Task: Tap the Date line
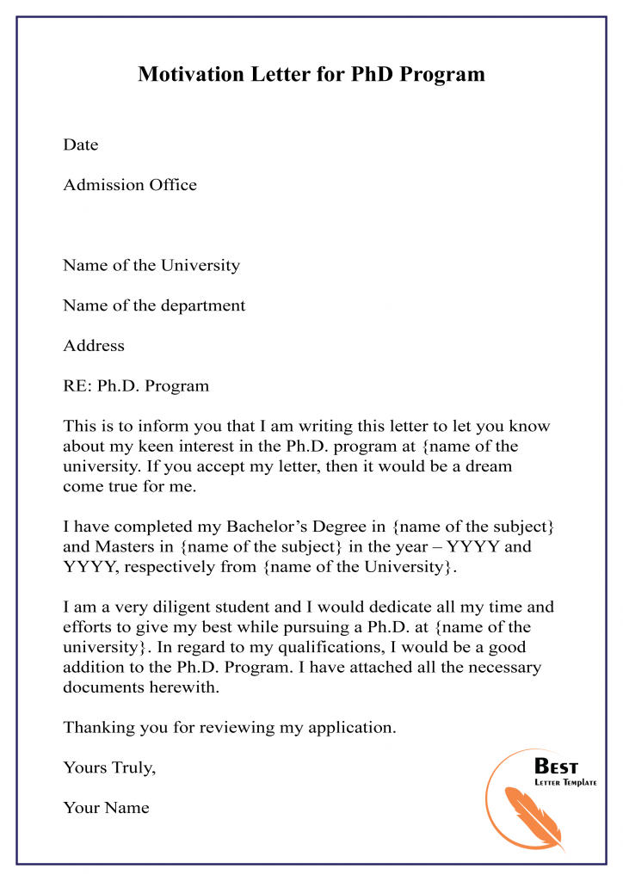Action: coord(81,145)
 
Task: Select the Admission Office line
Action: coord(130,185)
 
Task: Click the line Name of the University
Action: coord(151,265)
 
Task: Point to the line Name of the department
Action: coord(154,305)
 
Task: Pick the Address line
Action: coord(94,346)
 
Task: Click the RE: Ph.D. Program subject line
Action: coord(136,386)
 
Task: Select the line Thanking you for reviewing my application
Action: coord(230,728)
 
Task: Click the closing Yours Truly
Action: coord(109,768)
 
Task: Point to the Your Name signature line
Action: coord(106,808)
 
